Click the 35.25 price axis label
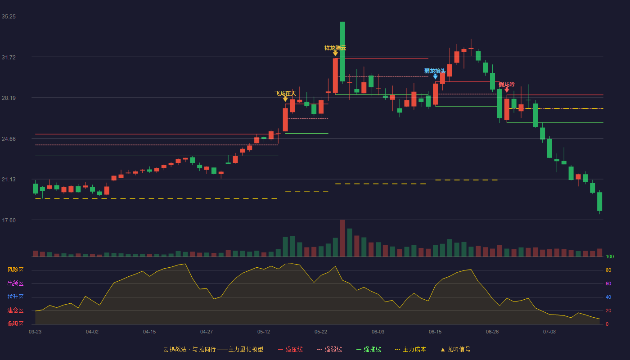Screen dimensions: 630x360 click(x=9, y=17)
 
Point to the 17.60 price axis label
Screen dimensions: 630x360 click(x=9, y=220)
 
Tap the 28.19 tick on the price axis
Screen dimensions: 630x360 click(x=9, y=98)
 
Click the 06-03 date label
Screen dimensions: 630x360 click(x=378, y=332)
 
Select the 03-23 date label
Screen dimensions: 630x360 click(x=35, y=332)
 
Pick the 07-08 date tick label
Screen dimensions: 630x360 click(x=549, y=332)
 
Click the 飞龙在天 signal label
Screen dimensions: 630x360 click(x=285, y=94)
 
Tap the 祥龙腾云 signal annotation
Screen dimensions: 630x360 click(x=335, y=48)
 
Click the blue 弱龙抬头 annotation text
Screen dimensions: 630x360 click(x=435, y=71)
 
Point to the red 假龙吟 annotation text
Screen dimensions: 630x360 click(x=507, y=85)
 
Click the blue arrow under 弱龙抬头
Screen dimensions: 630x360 click(x=436, y=77)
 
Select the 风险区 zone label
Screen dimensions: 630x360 click(x=15, y=270)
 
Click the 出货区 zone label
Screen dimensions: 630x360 click(x=15, y=283)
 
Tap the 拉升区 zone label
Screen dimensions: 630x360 click(x=15, y=297)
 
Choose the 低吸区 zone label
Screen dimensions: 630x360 click(x=15, y=324)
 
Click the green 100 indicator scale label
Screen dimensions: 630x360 click(x=610, y=256)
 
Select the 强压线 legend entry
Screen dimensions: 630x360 click(x=290, y=349)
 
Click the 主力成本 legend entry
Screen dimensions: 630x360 click(x=410, y=349)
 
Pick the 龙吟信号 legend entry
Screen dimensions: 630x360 click(x=455, y=349)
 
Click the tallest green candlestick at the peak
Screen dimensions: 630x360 click(x=342, y=51)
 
